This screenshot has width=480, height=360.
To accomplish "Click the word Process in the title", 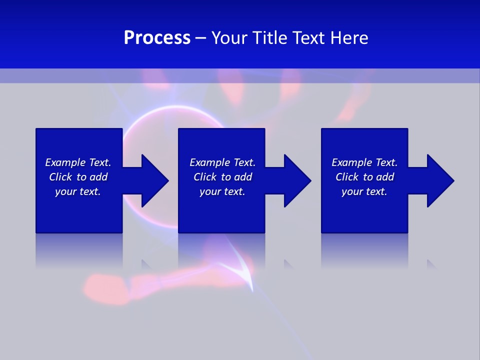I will [x=157, y=38].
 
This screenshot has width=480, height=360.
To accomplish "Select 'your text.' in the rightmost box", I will [x=364, y=191].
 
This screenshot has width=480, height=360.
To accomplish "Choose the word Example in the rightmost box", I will [x=352, y=162].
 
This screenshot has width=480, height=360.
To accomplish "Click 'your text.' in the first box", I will [x=78, y=191].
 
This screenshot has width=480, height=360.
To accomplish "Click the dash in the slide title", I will [x=200, y=38].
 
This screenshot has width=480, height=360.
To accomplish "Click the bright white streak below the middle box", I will [x=245, y=272].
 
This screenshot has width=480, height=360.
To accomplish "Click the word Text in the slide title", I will [x=309, y=38].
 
